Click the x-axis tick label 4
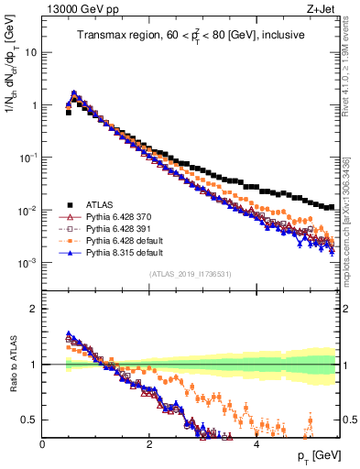click(256, 444)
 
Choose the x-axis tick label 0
click(43, 444)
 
